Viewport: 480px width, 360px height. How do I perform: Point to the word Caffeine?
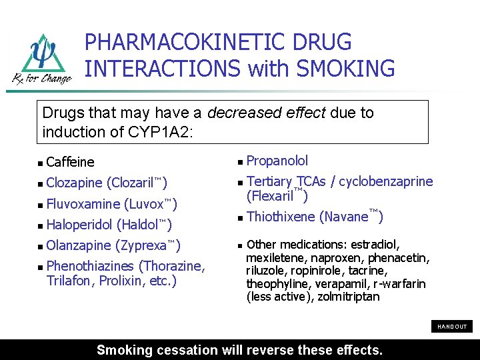[x=71, y=162]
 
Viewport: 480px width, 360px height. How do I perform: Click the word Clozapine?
[x=75, y=183]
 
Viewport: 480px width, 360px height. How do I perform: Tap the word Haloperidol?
[x=79, y=225]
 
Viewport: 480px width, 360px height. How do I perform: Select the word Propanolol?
[x=277, y=161]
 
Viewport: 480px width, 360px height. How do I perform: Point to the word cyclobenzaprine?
[x=390, y=182]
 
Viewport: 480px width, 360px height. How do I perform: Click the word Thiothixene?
[x=281, y=217]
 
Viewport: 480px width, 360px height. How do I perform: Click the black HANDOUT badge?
[x=452, y=327]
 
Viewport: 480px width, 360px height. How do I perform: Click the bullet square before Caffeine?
[x=41, y=163]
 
